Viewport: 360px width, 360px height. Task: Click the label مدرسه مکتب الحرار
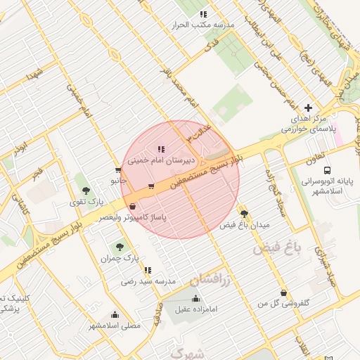(202, 25)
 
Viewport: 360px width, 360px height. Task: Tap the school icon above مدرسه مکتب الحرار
(203, 14)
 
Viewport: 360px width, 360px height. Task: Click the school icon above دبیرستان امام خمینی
(161, 149)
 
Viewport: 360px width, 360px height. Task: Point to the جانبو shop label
(117, 181)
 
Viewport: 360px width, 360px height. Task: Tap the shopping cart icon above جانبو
(117, 170)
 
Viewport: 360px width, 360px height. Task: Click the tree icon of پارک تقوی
(86, 191)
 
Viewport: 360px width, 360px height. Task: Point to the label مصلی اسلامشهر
(115, 326)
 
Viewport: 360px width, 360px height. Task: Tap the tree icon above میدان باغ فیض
(244, 214)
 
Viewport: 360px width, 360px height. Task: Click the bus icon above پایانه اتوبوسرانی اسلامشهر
(326, 170)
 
